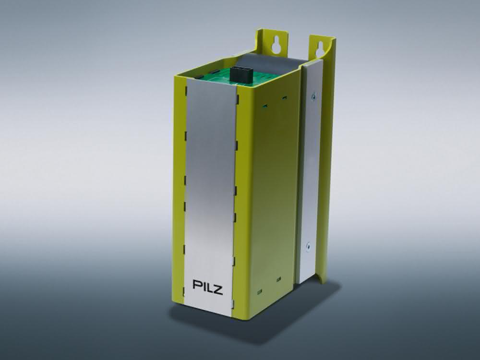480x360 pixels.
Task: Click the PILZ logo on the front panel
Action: point(207,287)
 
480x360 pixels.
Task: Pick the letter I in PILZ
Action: point(203,285)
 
